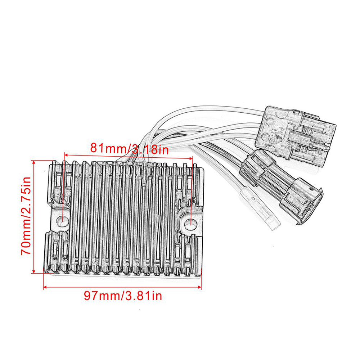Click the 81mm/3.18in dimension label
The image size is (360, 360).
tap(130, 148)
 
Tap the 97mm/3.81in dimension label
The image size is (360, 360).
tap(123, 296)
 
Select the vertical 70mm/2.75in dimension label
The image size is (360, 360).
tap(26, 216)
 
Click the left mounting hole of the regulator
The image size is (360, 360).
tap(62, 220)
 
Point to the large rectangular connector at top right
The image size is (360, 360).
tap(296, 135)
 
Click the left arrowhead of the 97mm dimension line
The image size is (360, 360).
tap(45, 287)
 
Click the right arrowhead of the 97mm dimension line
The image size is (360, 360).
tap(199, 287)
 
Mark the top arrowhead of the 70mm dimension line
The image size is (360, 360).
tap(34, 163)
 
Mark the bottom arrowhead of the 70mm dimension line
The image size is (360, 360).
tap(34, 271)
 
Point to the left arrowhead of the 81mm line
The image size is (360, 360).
tap(67, 155)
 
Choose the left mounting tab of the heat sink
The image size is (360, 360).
tap(60, 220)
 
